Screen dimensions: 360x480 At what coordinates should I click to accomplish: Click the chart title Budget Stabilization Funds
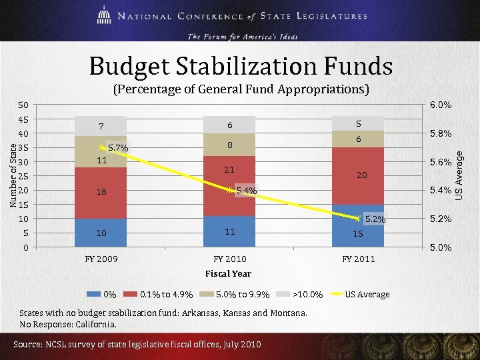pyautogui.click(x=241, y=67)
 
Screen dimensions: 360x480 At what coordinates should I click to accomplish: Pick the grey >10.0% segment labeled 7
pyautogui.click(x=100, y=126)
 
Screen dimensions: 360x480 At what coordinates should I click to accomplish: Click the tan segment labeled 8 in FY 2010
pyautogui.click(x=229, y=144)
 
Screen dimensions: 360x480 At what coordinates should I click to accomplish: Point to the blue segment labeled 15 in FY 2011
pyautogui.click(x=358, y=226)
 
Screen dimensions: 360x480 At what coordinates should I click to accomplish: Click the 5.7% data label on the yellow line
pyautogui.click(x=118, y=147)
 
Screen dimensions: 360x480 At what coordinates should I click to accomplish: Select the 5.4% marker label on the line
pyautogui.click(x=246, y=191)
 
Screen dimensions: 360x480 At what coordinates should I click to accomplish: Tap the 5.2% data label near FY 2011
pyautogui.click(x=375, y=219)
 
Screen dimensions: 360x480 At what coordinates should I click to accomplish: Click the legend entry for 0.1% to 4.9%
pyautogui.click(x=166, y=294)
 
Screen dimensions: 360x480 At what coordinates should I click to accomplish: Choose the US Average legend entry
pyautogui.click(x=367, y=294)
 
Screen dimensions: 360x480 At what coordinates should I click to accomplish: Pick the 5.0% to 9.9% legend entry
pyautogui.click(x=243, y=294)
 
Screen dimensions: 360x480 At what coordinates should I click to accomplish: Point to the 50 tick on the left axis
pyautogui.click(x=23, y=105)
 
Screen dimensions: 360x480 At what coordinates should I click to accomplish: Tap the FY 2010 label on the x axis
pyautogui.click(x=229, y=259)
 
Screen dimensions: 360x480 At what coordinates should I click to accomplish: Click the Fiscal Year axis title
pyautogui.click(x=228, y=273)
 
